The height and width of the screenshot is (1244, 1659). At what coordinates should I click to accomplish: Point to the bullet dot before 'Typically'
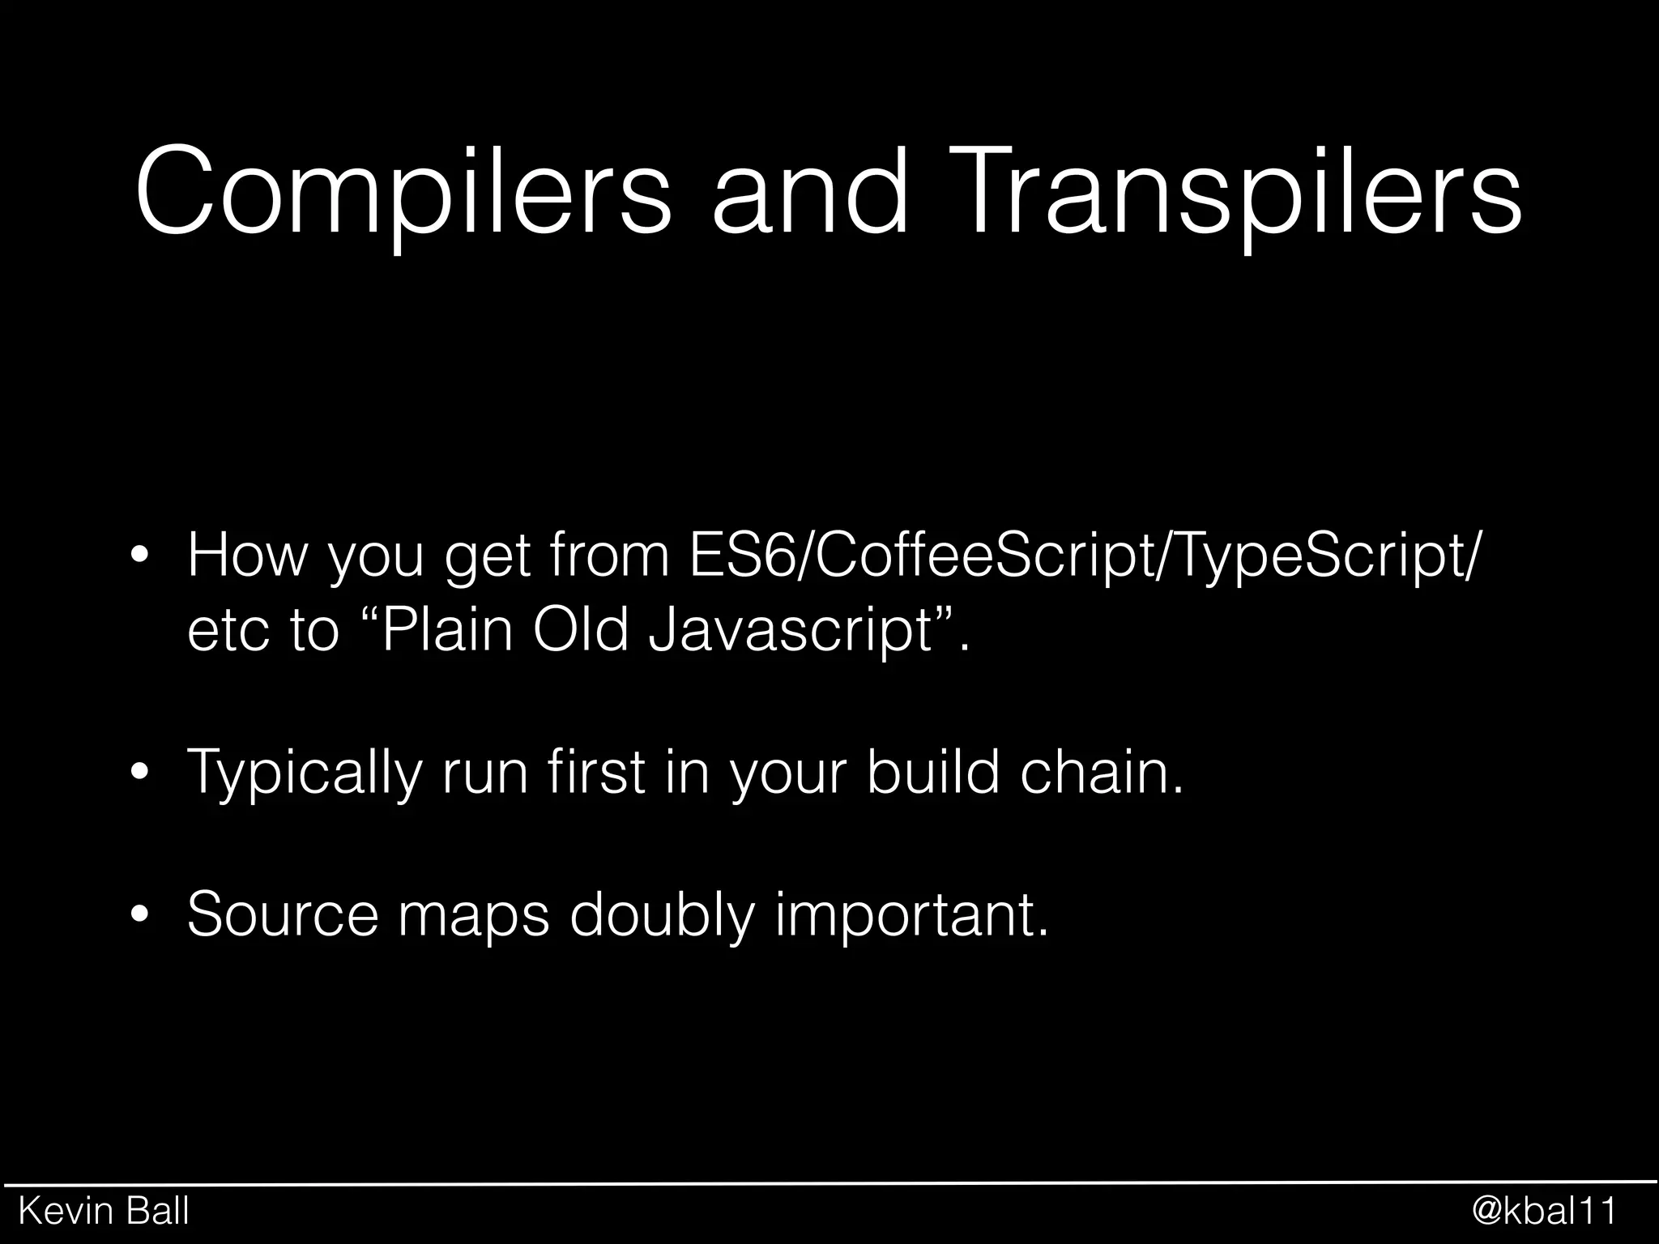point(141,773)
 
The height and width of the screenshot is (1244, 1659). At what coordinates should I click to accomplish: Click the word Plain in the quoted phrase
point(446,630)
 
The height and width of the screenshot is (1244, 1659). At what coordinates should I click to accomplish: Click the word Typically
point(304,774)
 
